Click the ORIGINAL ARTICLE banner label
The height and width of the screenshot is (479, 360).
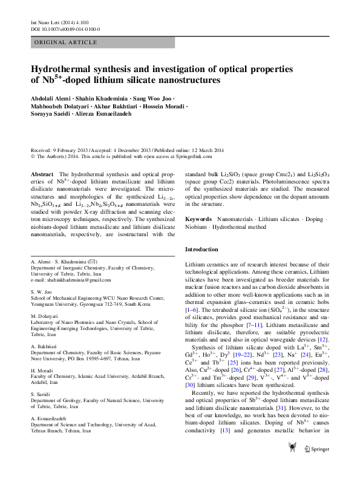coord(66,42)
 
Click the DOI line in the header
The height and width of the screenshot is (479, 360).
coord(65,28)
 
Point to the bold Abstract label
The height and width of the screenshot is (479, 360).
coord(45,174)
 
